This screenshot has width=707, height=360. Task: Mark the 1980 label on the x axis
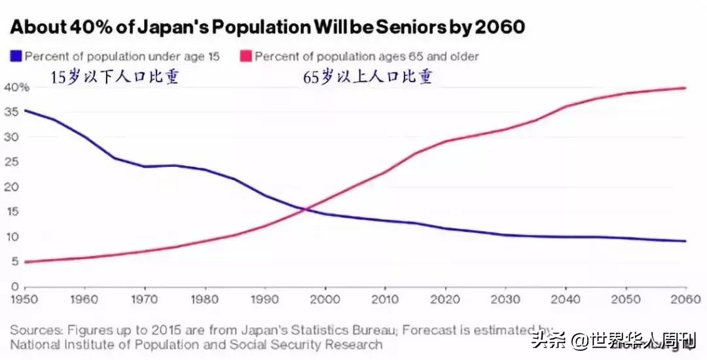click(204, 300)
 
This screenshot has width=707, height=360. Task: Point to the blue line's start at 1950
click(25, 110)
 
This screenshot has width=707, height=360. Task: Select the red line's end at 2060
click(685, 88)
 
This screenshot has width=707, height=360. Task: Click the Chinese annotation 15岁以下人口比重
click(115, 77)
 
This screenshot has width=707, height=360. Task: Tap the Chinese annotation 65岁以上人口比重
click(367, 77)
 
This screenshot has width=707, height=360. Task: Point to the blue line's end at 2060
click(685, 241)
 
